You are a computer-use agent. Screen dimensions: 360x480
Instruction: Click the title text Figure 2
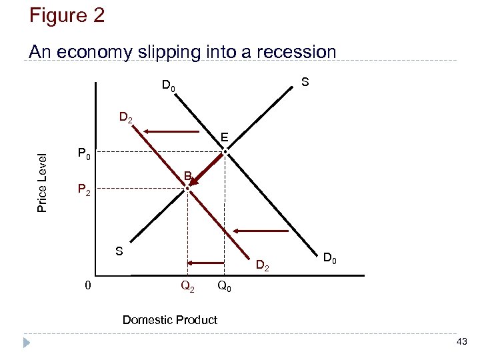67,15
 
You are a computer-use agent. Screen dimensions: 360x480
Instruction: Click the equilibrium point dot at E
225,153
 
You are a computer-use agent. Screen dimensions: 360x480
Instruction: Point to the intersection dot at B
188,189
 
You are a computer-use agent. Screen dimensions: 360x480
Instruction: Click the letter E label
225,138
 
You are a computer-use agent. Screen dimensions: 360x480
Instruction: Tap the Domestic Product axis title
169,320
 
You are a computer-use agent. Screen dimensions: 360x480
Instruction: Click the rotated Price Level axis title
42,183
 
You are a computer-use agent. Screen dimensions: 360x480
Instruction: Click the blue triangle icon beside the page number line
27,343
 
